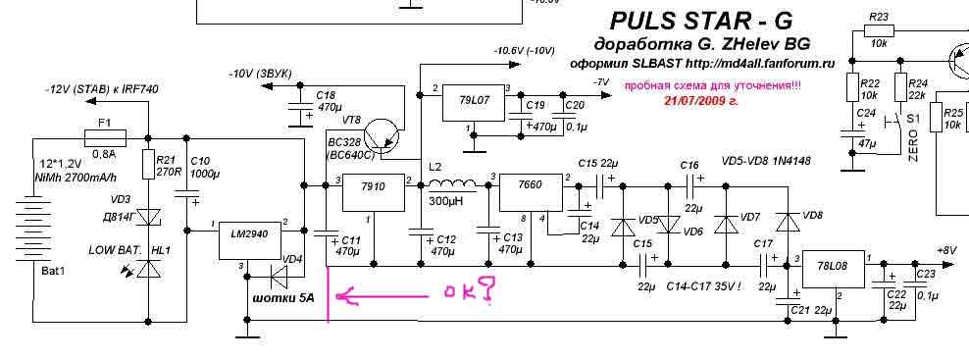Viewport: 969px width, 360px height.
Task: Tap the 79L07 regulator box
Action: (474, 100)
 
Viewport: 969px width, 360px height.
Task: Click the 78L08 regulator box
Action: (833, 269)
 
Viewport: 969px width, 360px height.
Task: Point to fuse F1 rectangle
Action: (104, 137)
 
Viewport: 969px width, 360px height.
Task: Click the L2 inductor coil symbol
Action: (452, 185)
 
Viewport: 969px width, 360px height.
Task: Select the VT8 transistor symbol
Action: (382, 137)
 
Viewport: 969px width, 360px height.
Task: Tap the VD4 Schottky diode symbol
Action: (281, 279)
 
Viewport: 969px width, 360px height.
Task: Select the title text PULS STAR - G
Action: (700, 21)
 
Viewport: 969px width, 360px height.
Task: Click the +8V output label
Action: (946, 250)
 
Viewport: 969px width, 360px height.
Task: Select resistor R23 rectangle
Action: (878, 32)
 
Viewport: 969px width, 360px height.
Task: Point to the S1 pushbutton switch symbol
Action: (892, 122)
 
